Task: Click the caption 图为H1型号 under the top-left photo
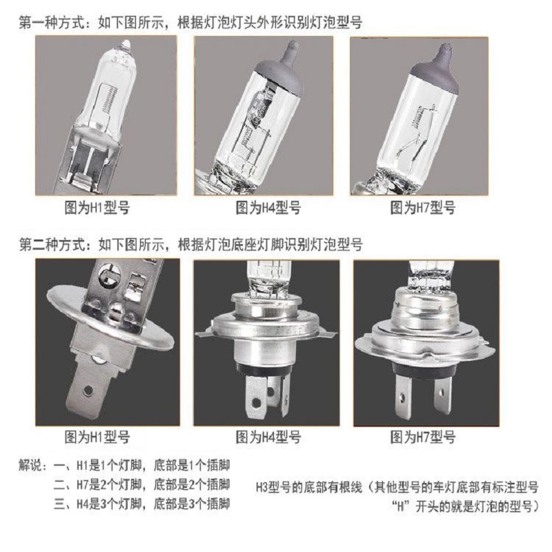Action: point(97,207)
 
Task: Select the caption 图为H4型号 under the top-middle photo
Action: point(268,207)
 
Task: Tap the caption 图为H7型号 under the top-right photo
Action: point(423,207)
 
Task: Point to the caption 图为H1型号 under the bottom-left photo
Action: point(97,437)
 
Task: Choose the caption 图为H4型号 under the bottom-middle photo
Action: point(268,437)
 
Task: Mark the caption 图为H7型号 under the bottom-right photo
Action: point(423,437)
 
